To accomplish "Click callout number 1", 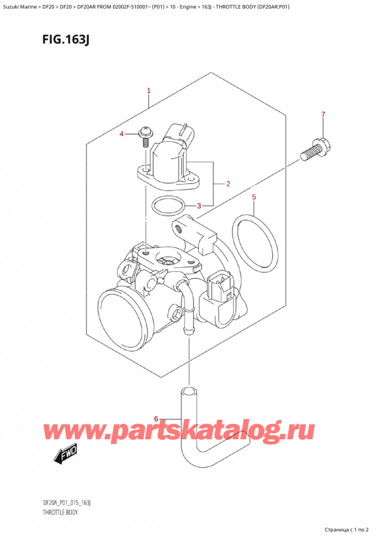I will [148, 91].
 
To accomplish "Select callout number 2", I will [227, 185].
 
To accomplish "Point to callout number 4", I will [123, 134].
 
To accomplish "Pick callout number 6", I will [157, 418].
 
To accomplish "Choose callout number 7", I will [323, 114].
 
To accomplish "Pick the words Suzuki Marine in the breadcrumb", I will [23, 8].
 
